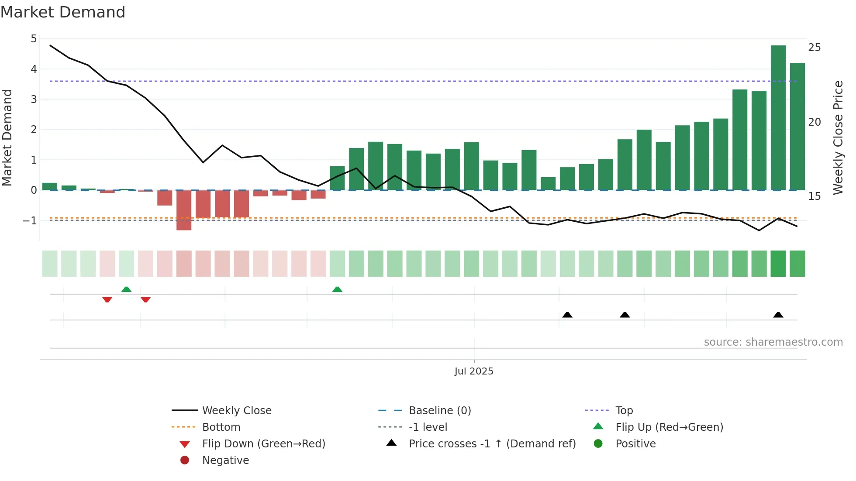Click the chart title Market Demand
click(63, 12)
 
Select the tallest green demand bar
click(778, 118)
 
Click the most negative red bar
click(184, 210)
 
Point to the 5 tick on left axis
click(34, 39)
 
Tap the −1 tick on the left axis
click(30, 221)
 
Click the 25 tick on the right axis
click(814, 48)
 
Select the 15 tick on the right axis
click(814, 196)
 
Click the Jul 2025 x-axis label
click(474, 371)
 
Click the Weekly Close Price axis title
click(838, 137)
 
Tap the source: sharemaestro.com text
click(773, 342)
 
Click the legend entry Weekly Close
click(236, 411)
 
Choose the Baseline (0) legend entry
click(439, 411)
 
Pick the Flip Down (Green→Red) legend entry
click(263, 444)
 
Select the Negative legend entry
click(225, 460)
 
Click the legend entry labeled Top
click(624, 411)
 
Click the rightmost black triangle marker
click(778, 315)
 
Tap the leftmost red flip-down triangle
click(107, 299)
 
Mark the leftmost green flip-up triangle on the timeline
click(126, 289)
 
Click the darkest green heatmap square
click(778, 264)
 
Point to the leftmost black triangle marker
click(567, 315)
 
